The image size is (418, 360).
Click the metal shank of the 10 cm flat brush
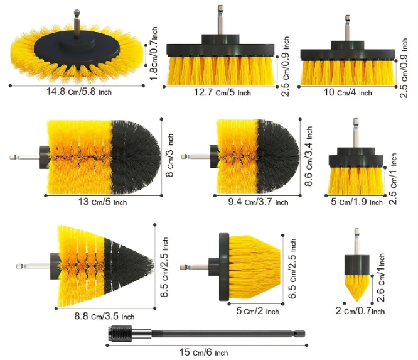347,29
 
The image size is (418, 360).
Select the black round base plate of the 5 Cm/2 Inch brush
222,267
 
